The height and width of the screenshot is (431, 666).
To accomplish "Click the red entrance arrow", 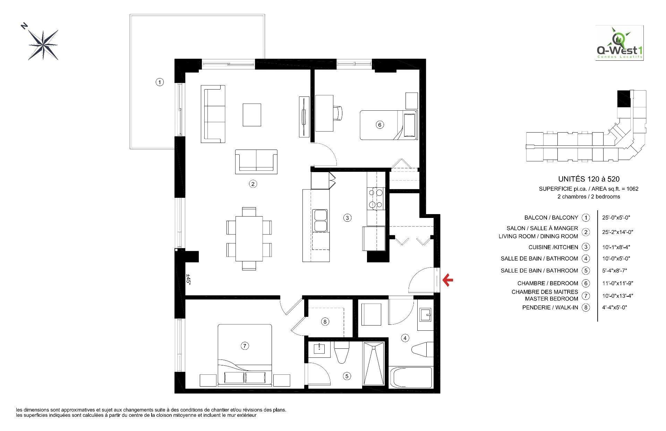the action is click(x=448, y=280).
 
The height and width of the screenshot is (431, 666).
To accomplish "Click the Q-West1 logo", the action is click(x=620, y=43).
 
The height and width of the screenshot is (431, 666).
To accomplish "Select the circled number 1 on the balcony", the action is click(x=159, y=82).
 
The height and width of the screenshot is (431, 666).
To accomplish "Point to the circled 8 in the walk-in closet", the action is click(x=325, y=322).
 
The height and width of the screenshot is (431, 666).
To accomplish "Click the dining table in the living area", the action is click(x=249, y=238).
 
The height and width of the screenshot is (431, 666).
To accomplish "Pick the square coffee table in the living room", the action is click(x=252, y=115).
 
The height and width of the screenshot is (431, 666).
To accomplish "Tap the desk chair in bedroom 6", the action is click(x=338, y=113).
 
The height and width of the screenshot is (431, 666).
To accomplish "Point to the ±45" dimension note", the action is click(x=189, y=279).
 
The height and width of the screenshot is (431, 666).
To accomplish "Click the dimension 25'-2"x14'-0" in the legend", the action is click(x=616, y=232).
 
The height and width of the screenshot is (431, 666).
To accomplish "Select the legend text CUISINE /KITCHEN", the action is click(x=553, y=247).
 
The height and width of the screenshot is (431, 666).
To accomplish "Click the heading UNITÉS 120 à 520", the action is click(x=589, y=179).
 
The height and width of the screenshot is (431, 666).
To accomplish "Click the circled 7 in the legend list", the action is click(x=586, y=296).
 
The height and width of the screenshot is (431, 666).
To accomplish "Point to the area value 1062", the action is click(x=632, y=189).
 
